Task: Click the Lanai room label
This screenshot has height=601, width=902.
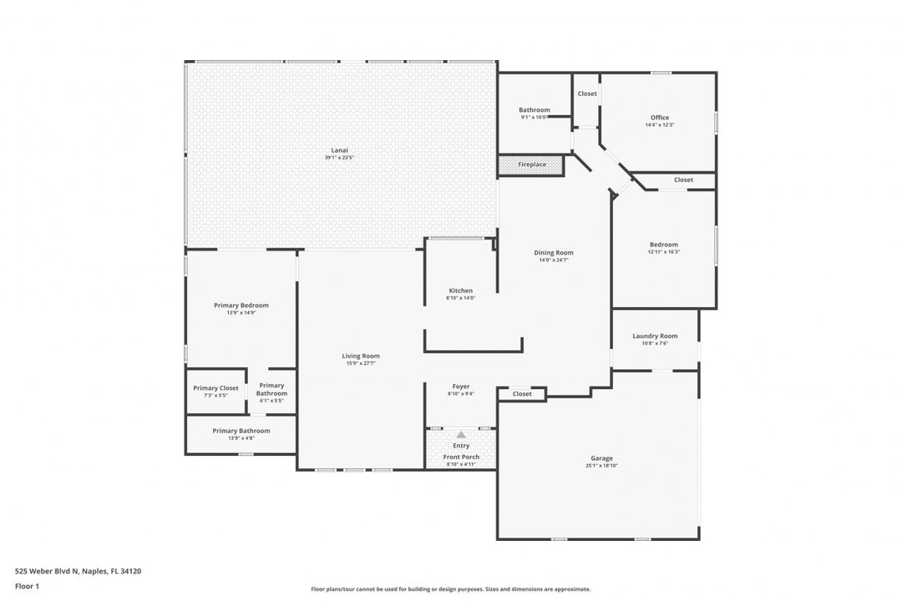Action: click(339, 150)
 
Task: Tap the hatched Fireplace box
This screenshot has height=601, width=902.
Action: click(531, 164)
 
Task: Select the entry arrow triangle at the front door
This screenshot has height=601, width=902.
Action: click(461, 434)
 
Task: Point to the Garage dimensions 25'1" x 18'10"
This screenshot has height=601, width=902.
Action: click(601, 466)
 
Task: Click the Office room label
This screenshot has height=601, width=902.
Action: click(660, 118)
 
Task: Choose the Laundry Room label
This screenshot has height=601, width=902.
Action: click(655, 336)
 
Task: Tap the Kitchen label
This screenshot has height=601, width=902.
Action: click(460, 290)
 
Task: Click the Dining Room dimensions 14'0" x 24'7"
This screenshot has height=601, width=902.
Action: click(554, 260)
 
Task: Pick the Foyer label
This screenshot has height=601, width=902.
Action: click(461, 386)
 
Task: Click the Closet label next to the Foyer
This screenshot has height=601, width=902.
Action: click(522, 394)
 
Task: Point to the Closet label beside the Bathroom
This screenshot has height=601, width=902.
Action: click(587, 93)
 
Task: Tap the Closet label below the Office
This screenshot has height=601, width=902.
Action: click(683, 179)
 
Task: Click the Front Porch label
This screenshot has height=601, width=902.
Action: click(461, 457)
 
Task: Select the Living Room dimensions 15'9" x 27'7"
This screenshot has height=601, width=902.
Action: click(360, 363)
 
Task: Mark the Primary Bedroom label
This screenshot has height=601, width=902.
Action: click(241, 306)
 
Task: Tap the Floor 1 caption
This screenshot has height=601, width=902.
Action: click(27, 586)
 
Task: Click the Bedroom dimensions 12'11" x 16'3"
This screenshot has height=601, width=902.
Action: click(664, 252)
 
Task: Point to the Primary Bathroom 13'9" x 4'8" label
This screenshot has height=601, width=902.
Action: click(241, 437)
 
